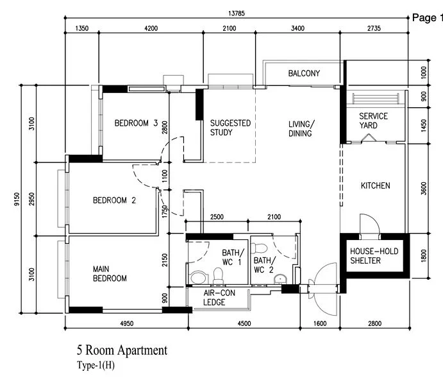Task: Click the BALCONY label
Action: [304, 74]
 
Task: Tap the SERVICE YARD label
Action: [373, 121]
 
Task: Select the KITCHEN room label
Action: [375, 186]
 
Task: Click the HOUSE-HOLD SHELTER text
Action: [374, 255]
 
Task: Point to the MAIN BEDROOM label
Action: [110, 273]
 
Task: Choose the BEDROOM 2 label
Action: [114, 200]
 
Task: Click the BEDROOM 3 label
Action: [136, 123]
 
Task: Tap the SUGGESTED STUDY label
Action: [230, 128]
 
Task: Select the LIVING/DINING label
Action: [301, 128]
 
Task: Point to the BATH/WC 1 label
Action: [231, 257]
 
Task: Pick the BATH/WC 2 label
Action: [263, 265]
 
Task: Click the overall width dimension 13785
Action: [237, 14]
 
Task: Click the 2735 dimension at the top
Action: [376, 28]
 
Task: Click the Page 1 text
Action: [427, 18]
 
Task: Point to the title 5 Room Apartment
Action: [122, 351]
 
